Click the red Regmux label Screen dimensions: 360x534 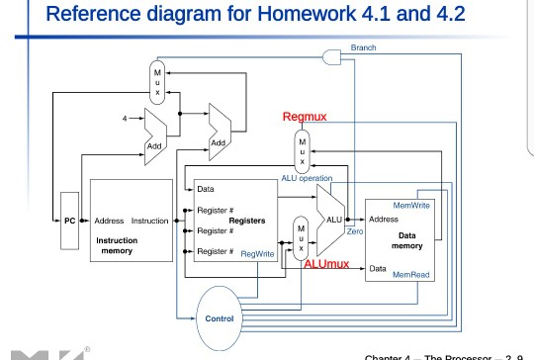coord(305,118)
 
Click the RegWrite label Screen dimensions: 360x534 coord(258,254)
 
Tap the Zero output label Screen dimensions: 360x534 coord(355,229)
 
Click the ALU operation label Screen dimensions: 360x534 coord(308,178)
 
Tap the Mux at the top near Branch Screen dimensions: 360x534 coord(156,79)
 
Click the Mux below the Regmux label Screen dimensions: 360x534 coord(303,148)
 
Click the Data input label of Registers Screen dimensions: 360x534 coord(208,188)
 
